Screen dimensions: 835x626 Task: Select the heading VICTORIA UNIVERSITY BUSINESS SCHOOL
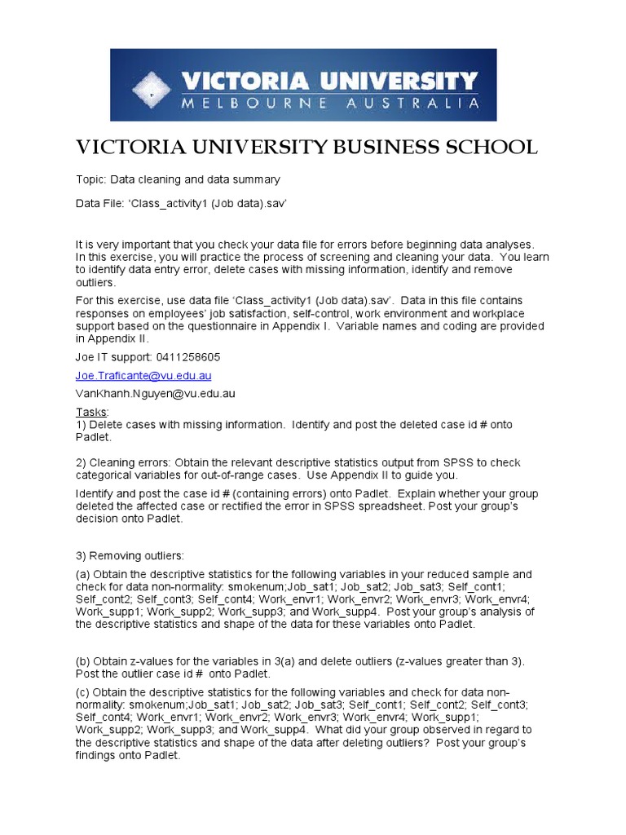(306, 147)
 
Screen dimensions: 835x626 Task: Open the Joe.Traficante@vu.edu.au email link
(143, 375)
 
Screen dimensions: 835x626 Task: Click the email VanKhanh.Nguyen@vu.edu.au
(156, 393)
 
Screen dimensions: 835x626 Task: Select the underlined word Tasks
(91, 412)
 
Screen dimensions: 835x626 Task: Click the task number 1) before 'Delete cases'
(81, 425)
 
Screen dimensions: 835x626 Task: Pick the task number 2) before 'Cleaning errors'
(81, 462)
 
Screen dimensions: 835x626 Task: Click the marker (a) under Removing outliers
(83, 574)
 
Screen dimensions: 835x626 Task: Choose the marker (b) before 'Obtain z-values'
(83, 661)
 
